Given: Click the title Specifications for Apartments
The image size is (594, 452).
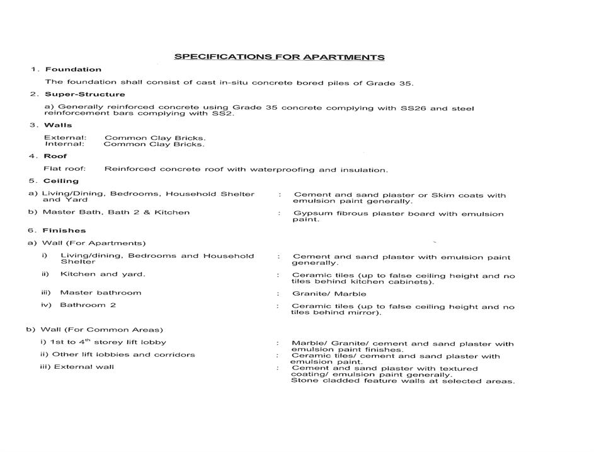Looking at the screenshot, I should (x=279, y=57).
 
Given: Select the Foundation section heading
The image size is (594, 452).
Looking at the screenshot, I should (x=73, y=69).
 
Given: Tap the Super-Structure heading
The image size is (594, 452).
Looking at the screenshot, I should (x=85, y=95).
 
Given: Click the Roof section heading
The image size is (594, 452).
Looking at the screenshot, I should (x=55, y=156).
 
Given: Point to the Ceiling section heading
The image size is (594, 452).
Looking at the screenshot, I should (x=61, y=181).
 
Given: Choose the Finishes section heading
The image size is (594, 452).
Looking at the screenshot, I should (x=64, y=231).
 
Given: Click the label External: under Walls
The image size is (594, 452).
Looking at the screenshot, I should (x=65, y=137).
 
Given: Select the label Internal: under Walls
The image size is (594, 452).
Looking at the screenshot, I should (x=64, y=144).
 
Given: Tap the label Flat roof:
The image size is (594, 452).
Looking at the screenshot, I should (x=64, y=169).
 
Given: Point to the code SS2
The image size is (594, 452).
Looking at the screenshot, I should (x=223, y=113).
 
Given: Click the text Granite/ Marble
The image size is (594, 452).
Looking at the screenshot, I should (x=329, y=294).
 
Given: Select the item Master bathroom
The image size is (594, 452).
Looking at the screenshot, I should (x=101, y=293).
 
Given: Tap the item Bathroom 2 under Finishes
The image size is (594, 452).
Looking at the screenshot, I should (x=88, y=305).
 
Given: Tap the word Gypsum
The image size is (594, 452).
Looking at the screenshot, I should (x=309, y=214).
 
